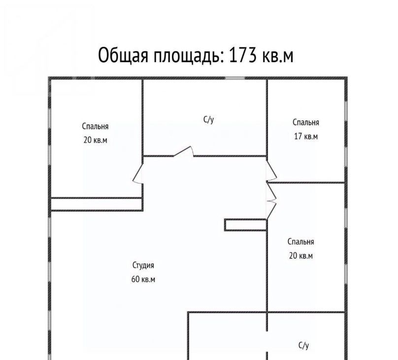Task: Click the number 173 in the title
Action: click(243, 55)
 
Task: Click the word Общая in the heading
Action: click(123, 56)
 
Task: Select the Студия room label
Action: click(143, 265)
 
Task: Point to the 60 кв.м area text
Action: click(143, 279)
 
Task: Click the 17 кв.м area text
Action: click(306, 137)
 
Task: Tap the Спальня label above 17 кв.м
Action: click(306, 122)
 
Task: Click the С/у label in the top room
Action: click(209, 119)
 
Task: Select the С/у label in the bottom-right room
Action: click(303, 345)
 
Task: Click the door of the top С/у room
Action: click(183, 151)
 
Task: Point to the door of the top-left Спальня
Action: click(138, 174)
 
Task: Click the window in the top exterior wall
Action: click(235, 78)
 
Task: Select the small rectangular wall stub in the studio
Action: click(245, 225)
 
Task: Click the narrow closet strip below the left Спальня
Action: click(96, 204)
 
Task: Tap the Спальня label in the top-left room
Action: click(95, 127)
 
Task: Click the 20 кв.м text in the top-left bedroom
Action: click(95, 140)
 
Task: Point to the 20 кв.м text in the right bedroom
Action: click(301, 255)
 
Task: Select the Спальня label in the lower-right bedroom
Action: click(301, 242)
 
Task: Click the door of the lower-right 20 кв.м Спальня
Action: click(271, 201)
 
